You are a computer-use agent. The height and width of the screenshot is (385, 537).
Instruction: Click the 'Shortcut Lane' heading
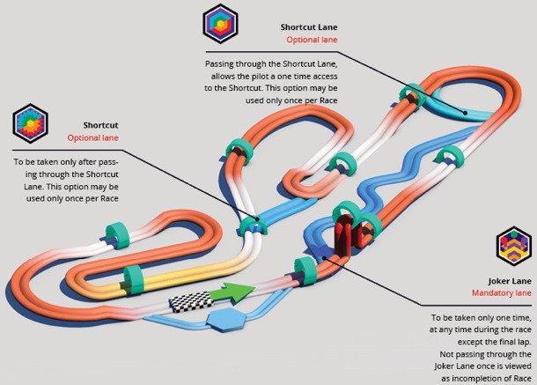[x=309, y=27]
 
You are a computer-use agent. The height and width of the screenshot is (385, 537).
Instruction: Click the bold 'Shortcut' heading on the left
[x=101, y=125]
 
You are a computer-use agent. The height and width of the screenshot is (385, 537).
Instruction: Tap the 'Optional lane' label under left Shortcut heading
[x=93, y=138]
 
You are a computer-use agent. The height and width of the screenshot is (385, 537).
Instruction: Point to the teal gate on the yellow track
[x=133, y=278]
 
